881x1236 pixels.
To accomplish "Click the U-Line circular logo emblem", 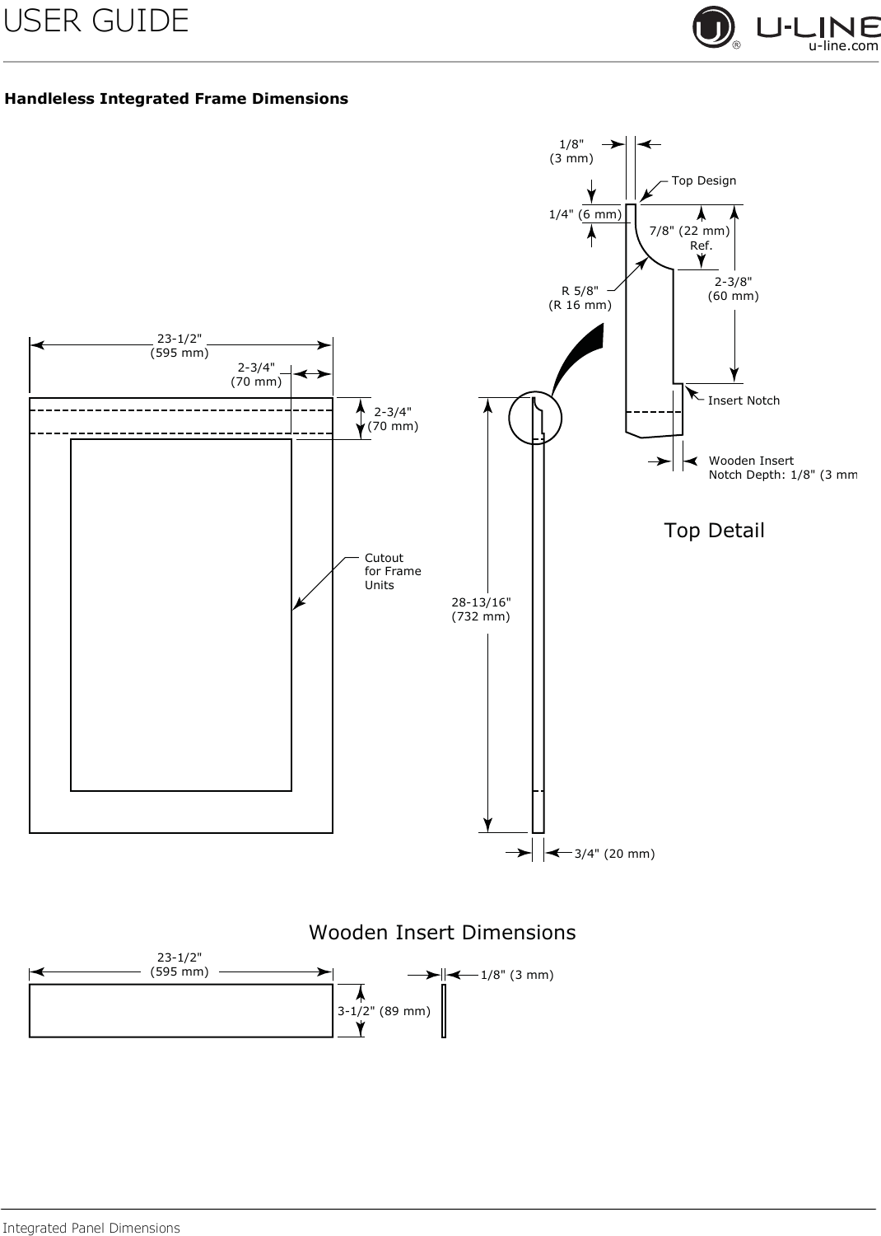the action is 713,27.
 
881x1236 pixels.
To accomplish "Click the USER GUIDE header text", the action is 96,21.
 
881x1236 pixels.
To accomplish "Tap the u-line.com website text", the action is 843,46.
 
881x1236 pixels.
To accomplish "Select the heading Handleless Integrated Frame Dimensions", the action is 176,99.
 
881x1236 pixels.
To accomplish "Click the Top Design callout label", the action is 703,180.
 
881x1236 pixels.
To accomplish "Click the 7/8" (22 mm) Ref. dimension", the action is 689,238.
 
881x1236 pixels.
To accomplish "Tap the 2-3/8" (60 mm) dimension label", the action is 734,288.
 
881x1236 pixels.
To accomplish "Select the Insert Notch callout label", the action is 743,400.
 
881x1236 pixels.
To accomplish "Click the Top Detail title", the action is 714,531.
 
